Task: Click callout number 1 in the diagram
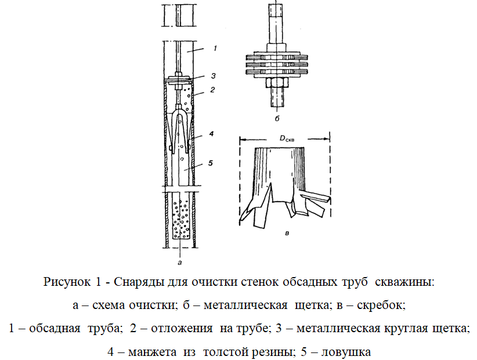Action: (x=215, y=48)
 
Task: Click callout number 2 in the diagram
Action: (x=212, y=90)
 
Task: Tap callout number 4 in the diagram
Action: (x=211, y=133)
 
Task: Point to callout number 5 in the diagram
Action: (x=211, y=163)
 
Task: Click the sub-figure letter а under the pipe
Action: (x=179, y=263)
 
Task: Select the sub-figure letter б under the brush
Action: (x=277, y=118)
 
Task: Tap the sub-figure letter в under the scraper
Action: (x=287, y=233)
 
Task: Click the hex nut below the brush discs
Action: (x=277, y=82)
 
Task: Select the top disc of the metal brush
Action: (x=277, y=57)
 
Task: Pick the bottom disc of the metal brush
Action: (x=277, y=72)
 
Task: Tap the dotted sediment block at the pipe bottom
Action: (x=180, y=219)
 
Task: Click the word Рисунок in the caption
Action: (x=67, y=282)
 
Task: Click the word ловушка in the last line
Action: (x=346, y=352)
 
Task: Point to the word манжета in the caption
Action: (x=153, y=352)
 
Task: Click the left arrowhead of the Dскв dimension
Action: (x=243, y=139)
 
